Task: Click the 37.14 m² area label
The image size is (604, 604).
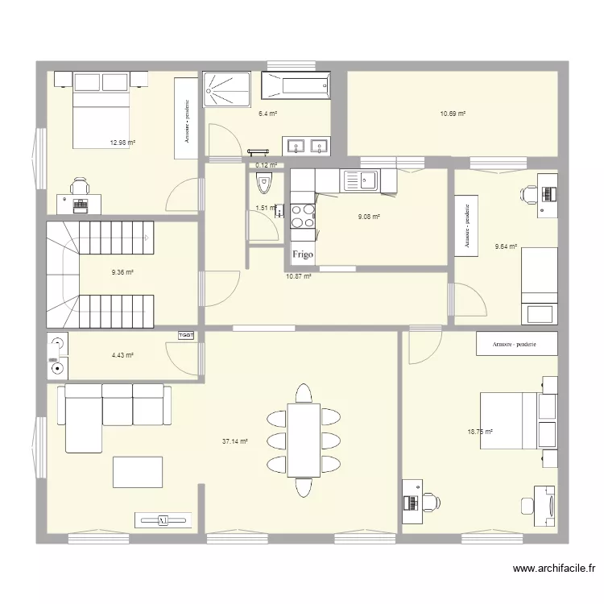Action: click(x=234, y=441)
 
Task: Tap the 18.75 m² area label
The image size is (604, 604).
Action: click(x=480, y=432)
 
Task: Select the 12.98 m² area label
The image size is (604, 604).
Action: click(x=122, y=143)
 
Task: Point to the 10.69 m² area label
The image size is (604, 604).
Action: click(x=452, y=114)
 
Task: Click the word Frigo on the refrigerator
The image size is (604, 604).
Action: click(x=303, y=254)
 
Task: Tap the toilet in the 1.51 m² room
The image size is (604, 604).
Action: click(x=263, y=185)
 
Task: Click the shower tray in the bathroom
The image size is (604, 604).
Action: click(x=227, y=88)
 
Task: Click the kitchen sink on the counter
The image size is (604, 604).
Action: click(x=368, y=180)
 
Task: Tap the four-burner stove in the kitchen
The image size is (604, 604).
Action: click(x=303, y=216)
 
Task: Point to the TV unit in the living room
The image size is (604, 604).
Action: click(x=163, y=520)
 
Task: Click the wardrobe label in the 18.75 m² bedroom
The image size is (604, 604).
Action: click(x=516, y=344)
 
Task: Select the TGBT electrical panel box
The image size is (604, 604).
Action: click(x=186, y=335)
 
